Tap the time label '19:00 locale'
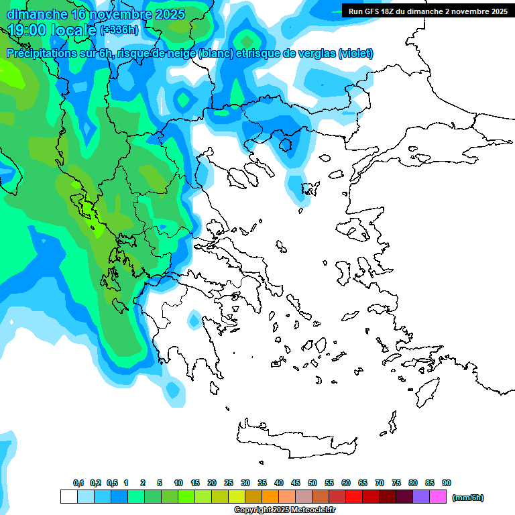point(51,30)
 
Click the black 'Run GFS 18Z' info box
point(426,11)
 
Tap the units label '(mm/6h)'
point(467,498)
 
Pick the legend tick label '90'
point(447,483)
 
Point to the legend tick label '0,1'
point(78,483)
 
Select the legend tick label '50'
point(312,483)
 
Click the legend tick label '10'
point(178,483)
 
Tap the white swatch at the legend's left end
point(68,497)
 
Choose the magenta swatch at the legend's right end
point(438,497)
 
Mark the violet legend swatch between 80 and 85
point(421,497)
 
